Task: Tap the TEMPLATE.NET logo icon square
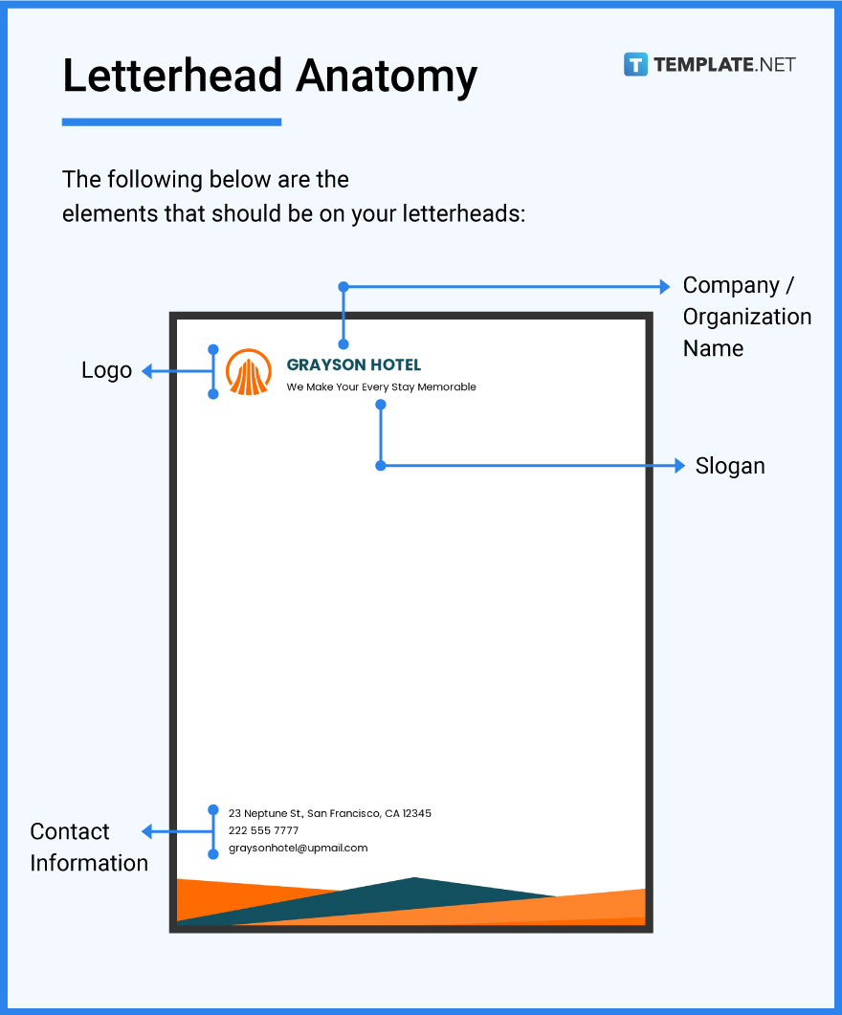[635, 65]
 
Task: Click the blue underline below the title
[171, 122]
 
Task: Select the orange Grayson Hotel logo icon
[249, 371]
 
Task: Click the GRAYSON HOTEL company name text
[353, 364]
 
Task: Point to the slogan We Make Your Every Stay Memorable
[381, 387]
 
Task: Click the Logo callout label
[106, 370]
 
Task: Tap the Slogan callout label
[730, 466]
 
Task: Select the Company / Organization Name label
[746, 317]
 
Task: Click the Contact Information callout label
[88, 847]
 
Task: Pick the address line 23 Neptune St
[329, 813]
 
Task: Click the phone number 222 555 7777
[263, 830]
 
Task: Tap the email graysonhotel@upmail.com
[298, 848]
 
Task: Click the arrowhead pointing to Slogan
[678, 466]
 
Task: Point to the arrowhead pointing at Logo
[148, 371]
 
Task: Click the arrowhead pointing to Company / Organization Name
[665, 286]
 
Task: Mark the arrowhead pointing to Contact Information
[148, 831]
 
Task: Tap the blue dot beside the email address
[213, 853]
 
